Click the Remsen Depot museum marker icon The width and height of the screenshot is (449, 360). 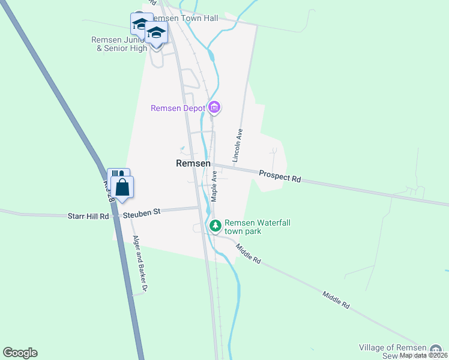click(x=215, y=108)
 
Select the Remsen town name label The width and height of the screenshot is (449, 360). click(x=193, y=163)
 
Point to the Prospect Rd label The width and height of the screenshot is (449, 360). click(x=280, y=176)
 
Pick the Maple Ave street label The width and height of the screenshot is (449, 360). click(x=214, y=185)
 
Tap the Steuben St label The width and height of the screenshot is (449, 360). click(x=141, y=212)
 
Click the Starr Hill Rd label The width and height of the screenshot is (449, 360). click(x=88, y=215)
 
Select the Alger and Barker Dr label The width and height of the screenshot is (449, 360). click(x=140, y=263)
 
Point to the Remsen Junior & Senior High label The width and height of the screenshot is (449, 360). click(x=119, y=44)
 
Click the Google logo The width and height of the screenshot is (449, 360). click(x=20, y=353)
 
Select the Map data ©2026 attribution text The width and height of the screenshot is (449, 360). click(x=423, y=355)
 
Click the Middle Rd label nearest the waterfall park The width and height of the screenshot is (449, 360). click(x=249, y=254)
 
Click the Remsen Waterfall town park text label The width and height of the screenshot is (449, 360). click(x=258, y=226)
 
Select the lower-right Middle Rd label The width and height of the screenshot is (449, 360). click(x=336, y=300)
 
